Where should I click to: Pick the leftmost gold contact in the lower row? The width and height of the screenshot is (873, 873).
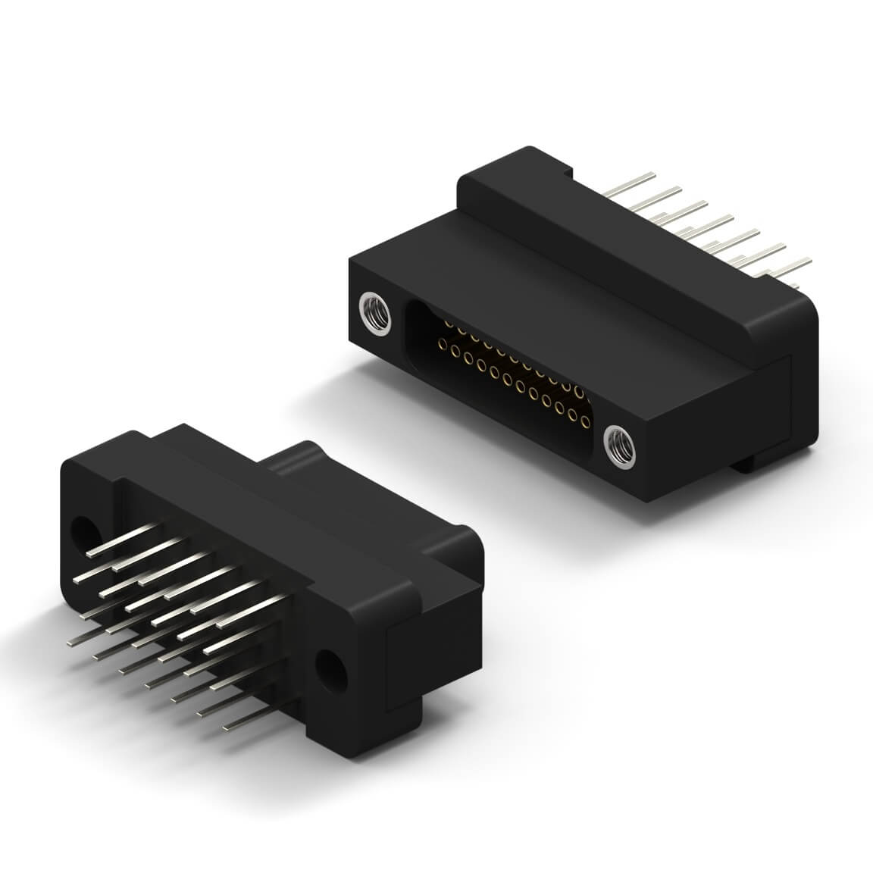[x=442, y=346]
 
